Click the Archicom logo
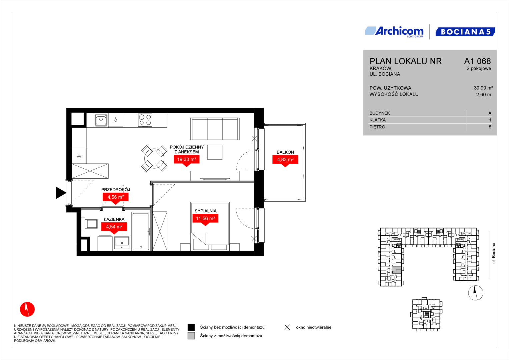pos(394,32)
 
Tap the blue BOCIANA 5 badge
pos(465,32)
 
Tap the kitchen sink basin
pos(101,120)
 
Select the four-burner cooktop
pos(145,120)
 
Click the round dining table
pos(154,158)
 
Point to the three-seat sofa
pos(215,129)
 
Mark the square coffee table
pos(215,152)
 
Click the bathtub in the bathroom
pos(141,231)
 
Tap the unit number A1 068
pos(477,61)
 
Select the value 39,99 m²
pos(483,88)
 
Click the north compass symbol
pos(476,293)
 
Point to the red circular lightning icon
pos(27,309)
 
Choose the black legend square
pos(191,327)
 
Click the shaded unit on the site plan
pos(397,270)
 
